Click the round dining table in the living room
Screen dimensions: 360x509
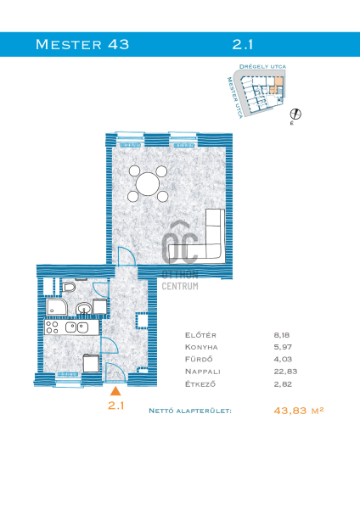pyautogui.click(x=148, y=184)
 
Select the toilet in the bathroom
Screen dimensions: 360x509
pyautogui.click(x=69, y=287)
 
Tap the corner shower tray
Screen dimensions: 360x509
pyautogui.click(x=57, y=307)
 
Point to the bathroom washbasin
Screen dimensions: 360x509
pyautogui.click(x=84, y=309)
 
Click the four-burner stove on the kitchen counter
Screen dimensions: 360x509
pyautogui.click(x=52, y=327)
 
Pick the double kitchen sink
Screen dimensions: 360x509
pyautogui.click(x=77, y=327)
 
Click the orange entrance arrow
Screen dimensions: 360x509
pyautogui.click(x=115, y=391)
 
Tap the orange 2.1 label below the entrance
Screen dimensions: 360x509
pyautogui.click(x=116, y=406)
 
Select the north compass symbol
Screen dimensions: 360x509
pyautogui.click(x=295, y=115)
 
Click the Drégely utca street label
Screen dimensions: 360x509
pyautogui.click(x=262, y=66)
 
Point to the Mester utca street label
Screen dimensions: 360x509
pyautogui.click(x=235, y=98)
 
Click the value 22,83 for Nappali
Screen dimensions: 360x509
pyautogui.click(x=285, y=372)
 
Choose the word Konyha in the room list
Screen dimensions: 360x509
pyautogui.click(x=201, y=347)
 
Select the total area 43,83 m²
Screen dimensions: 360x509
pyautogui.click(x=299, y=411)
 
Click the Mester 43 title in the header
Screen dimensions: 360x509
pyautogui.click(x=82, y=44)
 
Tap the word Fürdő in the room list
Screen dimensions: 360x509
pyautogui.click(x=199, y=359)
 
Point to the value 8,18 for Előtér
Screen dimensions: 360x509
pyautogui.click(x=281, y=335)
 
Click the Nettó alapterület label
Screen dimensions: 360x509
pyautogui.click(x=190, y=411)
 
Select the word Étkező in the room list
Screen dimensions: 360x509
pyautogui.click(x=200, y=384)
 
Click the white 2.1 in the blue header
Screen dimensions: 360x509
pyautogui.click(x=242, y=44)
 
